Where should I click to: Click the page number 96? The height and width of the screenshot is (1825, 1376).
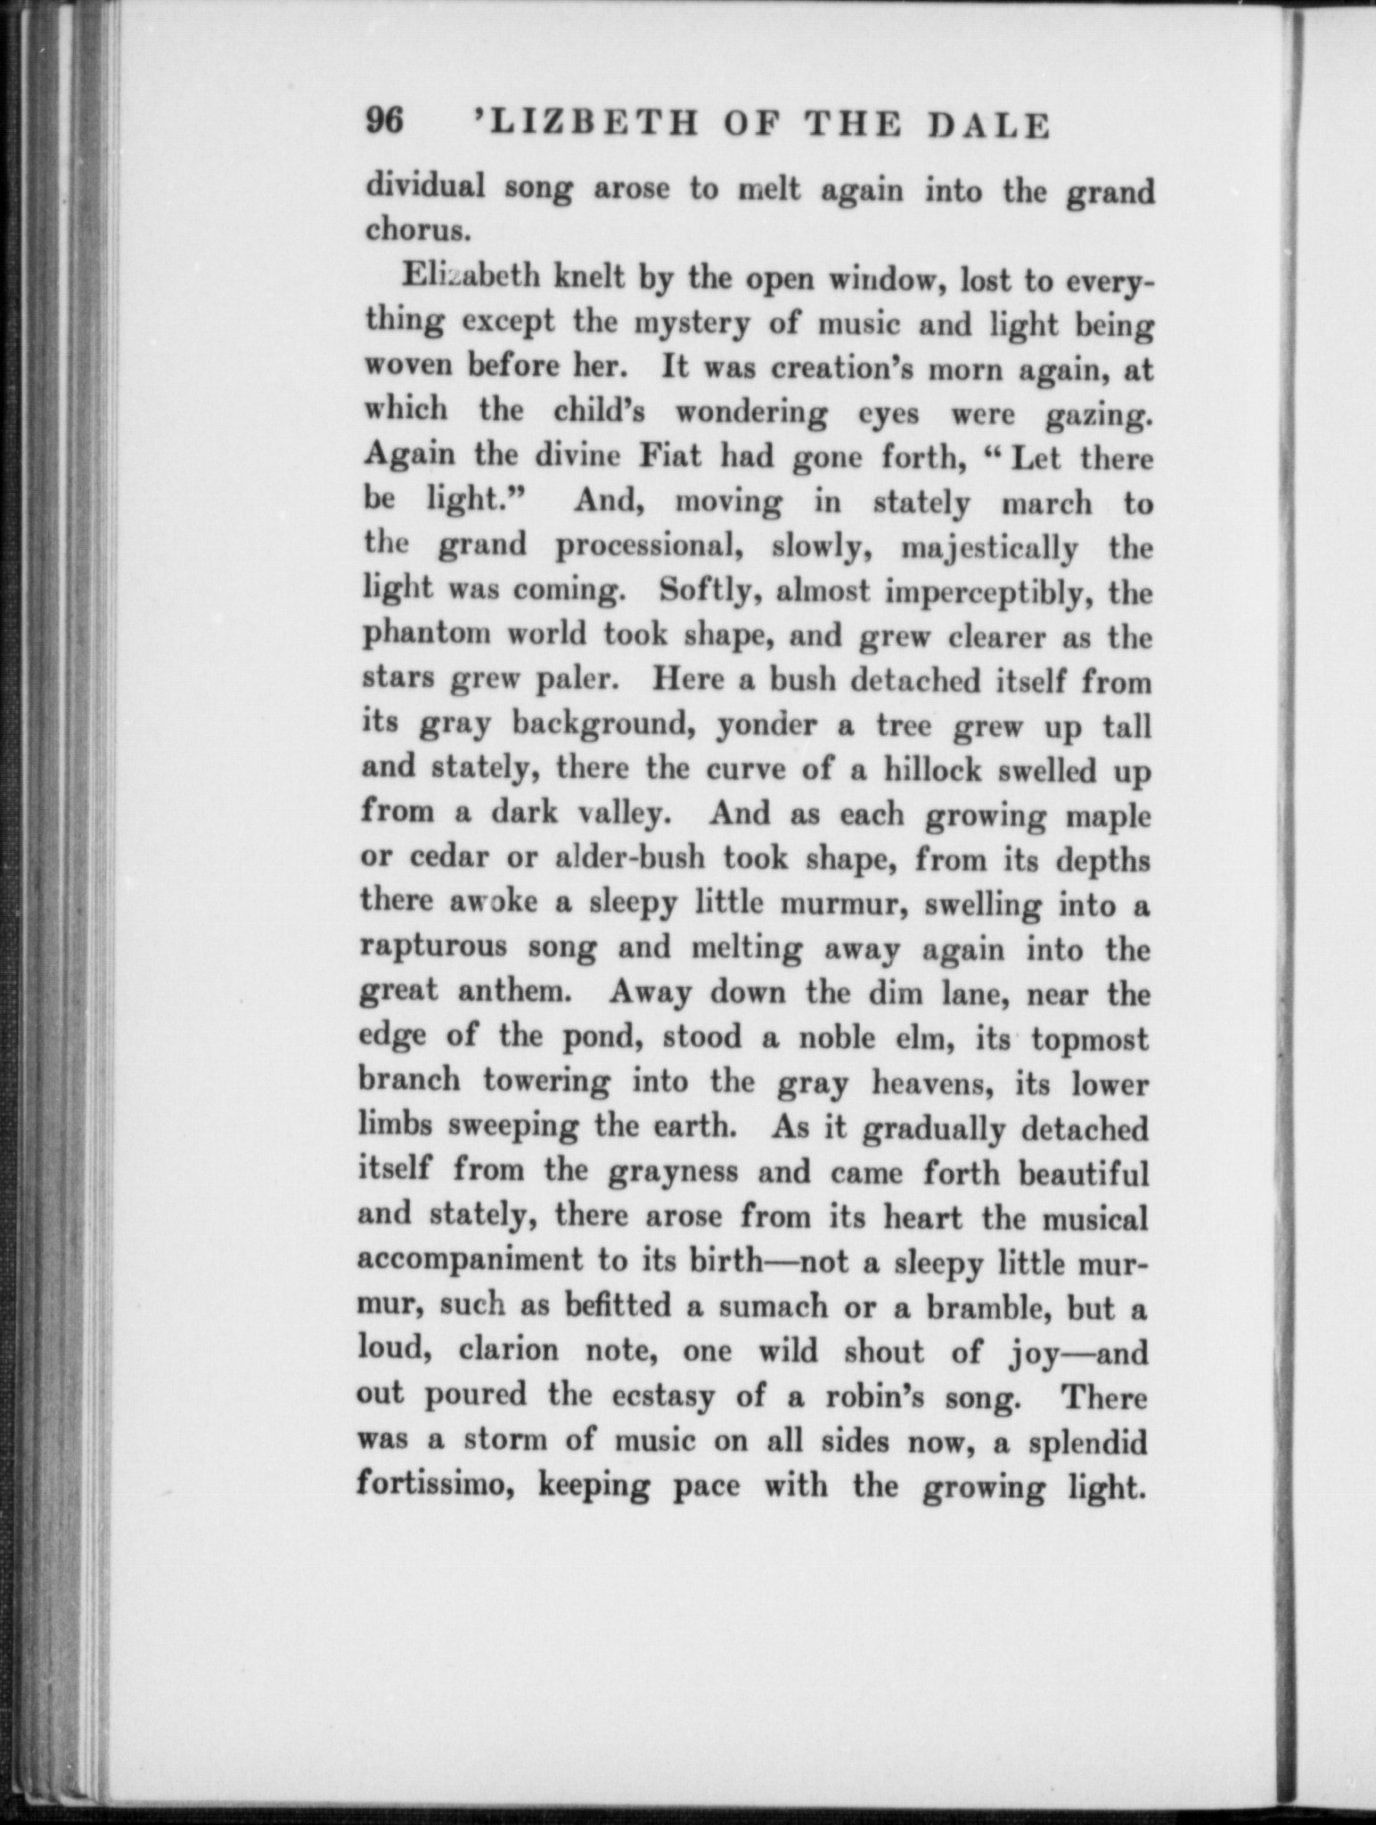point(385,122)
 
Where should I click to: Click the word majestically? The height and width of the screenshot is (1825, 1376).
point(989,547)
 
